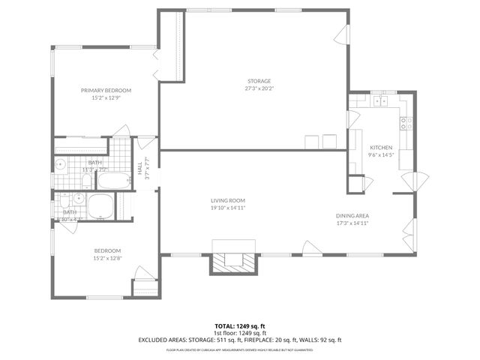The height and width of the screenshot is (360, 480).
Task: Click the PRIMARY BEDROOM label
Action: click(106, 90)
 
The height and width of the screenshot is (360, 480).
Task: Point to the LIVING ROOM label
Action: click(227, 200)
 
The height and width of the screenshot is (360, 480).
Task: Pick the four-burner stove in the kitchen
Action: click(406, 123)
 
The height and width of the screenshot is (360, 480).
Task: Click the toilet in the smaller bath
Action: click(65, 202)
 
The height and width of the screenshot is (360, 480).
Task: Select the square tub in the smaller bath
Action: click(100, 205)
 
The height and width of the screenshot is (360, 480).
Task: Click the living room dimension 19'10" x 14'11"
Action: click(227, 208)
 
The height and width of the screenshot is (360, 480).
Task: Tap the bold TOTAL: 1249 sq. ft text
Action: click(239, 326)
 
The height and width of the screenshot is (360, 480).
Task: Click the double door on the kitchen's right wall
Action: click(412, 181)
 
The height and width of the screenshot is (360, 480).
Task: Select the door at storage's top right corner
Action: click(341, 34)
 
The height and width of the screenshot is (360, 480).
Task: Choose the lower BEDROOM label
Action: click(107, 250)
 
